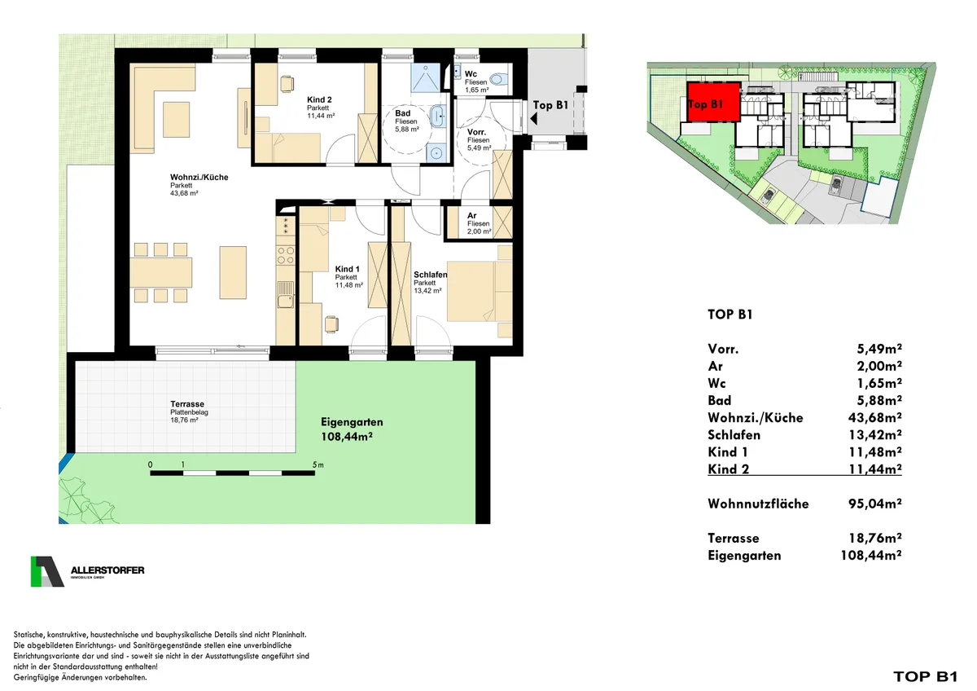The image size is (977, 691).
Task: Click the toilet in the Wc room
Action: (x=497, y=79)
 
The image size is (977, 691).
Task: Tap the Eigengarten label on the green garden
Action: (x=352, y=422)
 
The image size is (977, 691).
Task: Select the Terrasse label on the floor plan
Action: (x=187, y=404)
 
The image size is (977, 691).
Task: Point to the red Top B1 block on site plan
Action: (x=713, y=102)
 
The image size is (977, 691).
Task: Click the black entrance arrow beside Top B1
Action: (x=533, y=118)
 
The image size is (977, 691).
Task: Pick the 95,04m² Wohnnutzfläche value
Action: (x=874, y=504)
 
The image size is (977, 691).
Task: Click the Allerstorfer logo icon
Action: (x=47, y=571)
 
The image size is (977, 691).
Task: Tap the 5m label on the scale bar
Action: (x=318, y=465)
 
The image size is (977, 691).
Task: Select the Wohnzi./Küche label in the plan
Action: (x=199, y=177)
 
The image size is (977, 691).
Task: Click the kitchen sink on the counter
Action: (x=286, y=301)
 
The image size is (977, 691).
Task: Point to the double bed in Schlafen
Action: (x=479, y=291)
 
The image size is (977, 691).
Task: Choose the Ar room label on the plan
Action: (x=472, y=216)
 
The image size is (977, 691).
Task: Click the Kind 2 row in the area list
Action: (x=804, y=469)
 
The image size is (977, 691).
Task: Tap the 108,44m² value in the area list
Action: (x=871, y=555)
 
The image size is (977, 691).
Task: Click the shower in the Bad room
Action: (x=425, y=78)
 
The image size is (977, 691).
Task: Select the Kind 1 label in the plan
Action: (x=347, y=270)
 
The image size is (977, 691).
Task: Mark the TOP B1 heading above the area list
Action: (x=730, y=315)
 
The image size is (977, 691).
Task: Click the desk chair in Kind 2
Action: (x=287, y=83)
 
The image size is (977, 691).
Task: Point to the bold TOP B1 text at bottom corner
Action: (x=925, y=676)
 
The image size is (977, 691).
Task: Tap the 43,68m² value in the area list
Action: (x=874, y=417)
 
